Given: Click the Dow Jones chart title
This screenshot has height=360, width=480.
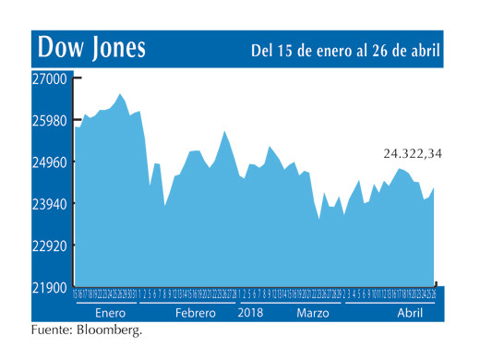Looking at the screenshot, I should coord(90,48).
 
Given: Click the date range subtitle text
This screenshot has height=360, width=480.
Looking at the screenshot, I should coord(345,49).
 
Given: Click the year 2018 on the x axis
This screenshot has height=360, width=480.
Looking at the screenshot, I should coord(252,313).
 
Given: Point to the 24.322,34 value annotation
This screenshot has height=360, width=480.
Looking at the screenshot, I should coord(413,153).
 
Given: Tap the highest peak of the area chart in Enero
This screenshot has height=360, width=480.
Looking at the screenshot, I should coord(120,94).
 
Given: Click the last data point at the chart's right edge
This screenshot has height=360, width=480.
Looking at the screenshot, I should coord(434,187).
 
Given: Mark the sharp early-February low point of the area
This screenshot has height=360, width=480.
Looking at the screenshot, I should coord(165,205).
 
